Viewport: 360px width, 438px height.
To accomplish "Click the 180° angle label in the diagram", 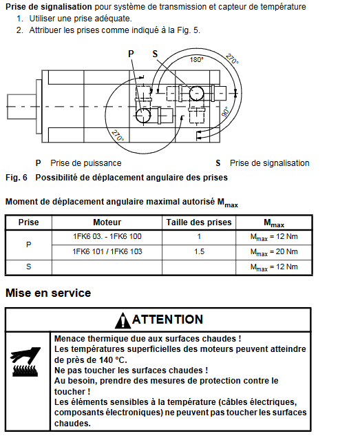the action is (x=197, y=59).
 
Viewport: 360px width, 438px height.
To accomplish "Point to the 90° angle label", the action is (x=226, y=112).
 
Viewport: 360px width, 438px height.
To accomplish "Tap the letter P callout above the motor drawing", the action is (x=131, y=54).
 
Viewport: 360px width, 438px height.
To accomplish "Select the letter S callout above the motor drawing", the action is (x=156, y=54).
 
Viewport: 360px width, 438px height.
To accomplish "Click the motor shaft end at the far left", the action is (x=21, y=107).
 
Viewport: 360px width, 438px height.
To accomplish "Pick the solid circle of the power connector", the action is (x=143, y=116).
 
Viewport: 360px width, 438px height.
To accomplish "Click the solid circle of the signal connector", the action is (x=197, y=93).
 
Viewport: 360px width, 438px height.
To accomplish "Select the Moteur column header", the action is (x=107, y=222).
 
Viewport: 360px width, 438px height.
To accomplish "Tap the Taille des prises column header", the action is (x=199, y=222).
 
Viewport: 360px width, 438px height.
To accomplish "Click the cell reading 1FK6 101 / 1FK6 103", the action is (x=107, y=251).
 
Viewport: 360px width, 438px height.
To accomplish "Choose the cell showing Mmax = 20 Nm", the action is (x=274, y=252).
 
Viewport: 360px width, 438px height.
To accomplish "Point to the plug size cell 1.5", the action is (x=199, y=251).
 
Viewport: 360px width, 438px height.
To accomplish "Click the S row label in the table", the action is (x=28, y=267).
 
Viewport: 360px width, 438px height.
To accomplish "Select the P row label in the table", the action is (x=28, y=244).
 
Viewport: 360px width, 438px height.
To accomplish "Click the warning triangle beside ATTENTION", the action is (x=123, y=320).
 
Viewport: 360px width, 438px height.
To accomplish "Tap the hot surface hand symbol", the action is (x=25, y=362).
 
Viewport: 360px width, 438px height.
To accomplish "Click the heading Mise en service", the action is (x=48, y=293).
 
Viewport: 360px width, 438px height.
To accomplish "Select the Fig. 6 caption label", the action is (x=17, y=178).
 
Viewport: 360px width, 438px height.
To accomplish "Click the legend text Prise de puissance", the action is (x=86, y=163).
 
